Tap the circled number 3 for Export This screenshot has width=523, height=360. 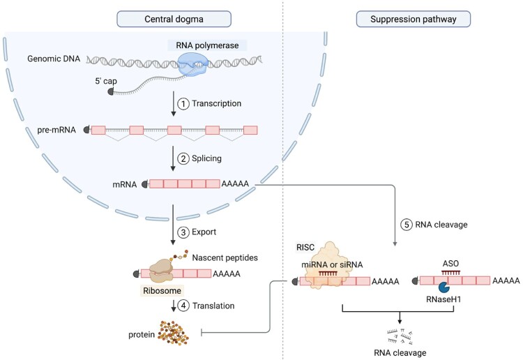click(x=183, y=232)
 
